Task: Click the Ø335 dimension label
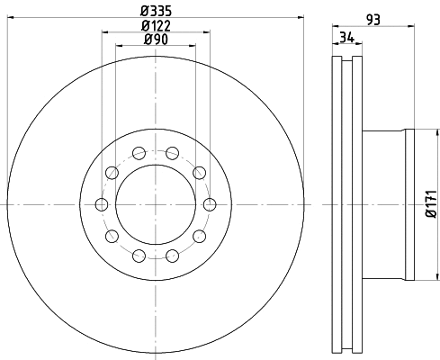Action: point(156,10)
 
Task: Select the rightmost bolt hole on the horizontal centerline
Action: point(210,205)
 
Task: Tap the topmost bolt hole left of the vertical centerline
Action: point(139,154)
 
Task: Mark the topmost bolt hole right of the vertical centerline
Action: point(173,154)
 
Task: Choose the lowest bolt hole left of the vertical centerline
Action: point(139,256)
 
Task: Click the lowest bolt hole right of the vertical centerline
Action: point(173,256)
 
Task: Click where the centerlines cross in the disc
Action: point(156,205)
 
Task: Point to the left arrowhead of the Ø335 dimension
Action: point(9,17)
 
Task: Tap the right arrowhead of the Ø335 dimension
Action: point(301,17)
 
